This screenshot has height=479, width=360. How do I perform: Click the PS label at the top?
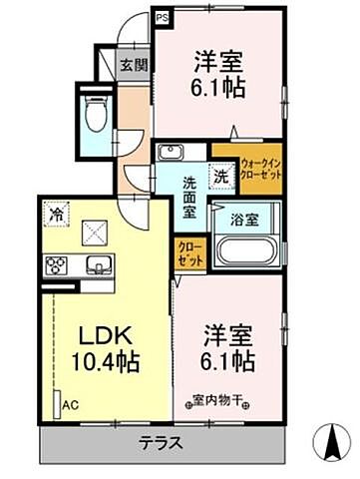[x=162, y=17]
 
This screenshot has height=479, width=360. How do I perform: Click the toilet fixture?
[x=97, y=116]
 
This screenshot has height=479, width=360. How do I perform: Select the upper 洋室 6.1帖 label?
[x=220, y=72]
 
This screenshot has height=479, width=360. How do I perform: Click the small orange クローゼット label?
[x=189, y=252]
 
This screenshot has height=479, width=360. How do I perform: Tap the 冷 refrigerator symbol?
[x=57, y=212]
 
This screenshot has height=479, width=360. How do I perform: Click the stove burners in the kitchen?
[x=55, y=265]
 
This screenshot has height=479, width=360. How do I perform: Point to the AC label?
[x=71, y=406]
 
